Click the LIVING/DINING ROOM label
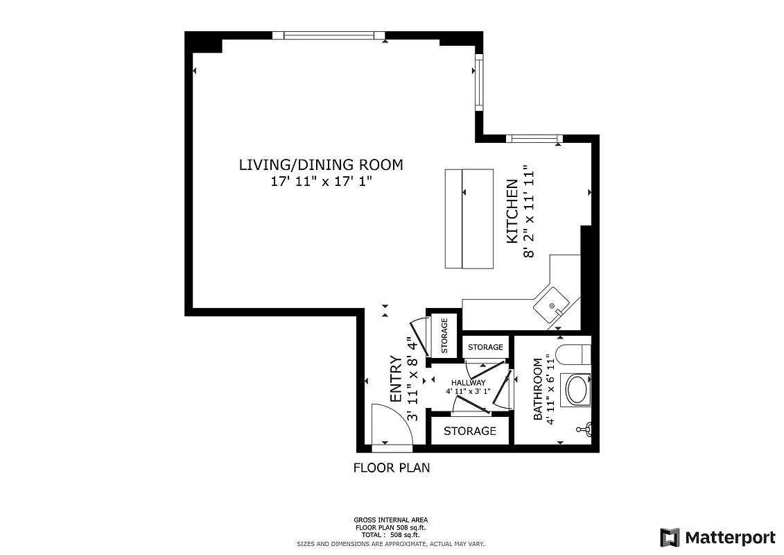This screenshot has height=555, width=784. pyautogui.click(x=320, y=165)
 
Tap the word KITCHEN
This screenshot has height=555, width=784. pyautogui.click(x=512, y=211)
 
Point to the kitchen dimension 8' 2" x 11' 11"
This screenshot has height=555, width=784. pyautogui.click(x=530, y=211)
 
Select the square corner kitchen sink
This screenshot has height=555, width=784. pyautogui.click(x=552, y=305)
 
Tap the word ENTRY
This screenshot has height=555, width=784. pyautogui.click(x=396, y=379)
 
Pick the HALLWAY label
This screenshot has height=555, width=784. pyautogui.click(x=468, y=382)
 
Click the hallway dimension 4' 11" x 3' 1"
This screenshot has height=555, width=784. pyautogui.click(x=468, y=391)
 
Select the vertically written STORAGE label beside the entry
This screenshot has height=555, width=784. pyautogui.click(x=444, y=335)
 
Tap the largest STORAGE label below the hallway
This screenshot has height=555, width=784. pyautogui.click(x=469, y=431)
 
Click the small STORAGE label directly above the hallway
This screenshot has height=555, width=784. pyautogui.click(x=485, y=347)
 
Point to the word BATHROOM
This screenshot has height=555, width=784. pyautogui.click(x=538, y=389)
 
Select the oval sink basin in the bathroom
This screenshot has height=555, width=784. pyautogui.click(x=577, y=390)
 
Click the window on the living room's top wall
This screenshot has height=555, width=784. pyautogui.click(x=329, y=35)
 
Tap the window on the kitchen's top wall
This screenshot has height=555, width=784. pyautogui.click(x=533, y=138)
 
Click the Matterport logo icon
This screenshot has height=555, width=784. pyautogui.click(x=670, y=537)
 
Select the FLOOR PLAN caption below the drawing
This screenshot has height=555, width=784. pyautogui.click(x=392, y=468)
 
